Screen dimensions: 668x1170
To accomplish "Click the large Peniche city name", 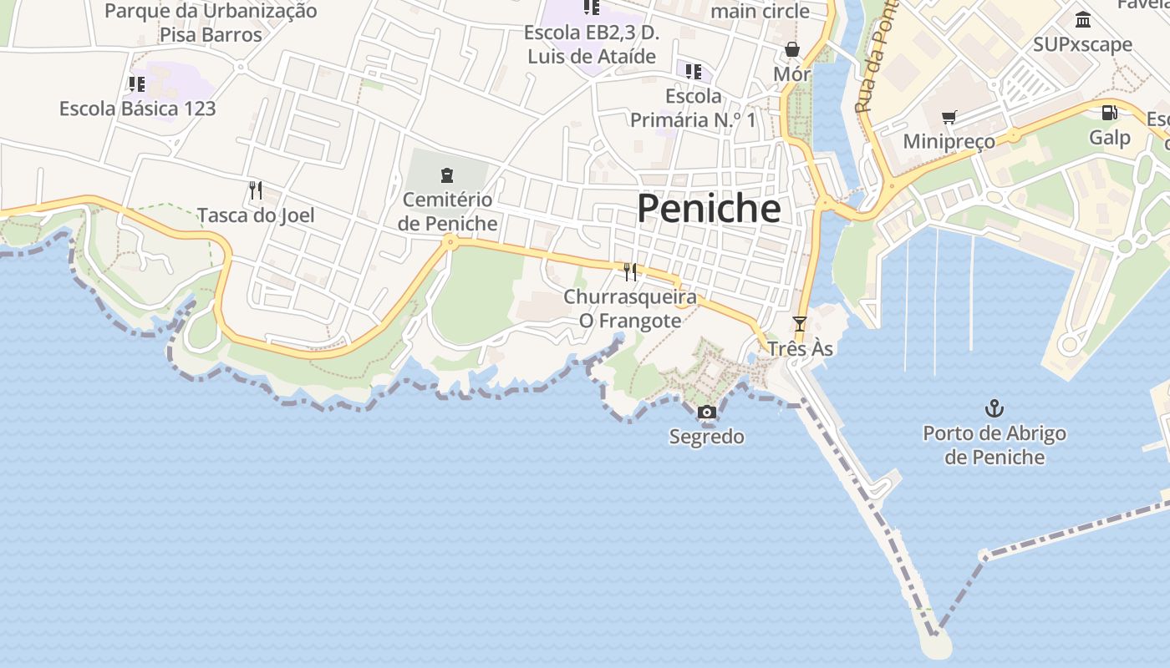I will point(709,208).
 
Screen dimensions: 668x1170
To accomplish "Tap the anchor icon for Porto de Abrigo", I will point(994,409).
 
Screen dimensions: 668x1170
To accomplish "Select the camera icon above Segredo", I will point(707,412).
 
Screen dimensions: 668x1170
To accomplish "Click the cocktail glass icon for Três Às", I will point(800,323).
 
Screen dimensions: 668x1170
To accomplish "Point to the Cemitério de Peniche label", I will point(447,212).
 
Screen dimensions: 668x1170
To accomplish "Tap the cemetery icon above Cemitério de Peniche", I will point(447,175).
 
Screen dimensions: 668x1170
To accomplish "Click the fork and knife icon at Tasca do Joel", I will point(256,190).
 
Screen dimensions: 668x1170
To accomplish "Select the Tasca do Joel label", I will point(256,215).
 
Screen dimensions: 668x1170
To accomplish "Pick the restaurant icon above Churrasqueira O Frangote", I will point(630,271).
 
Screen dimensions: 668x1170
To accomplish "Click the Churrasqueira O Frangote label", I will point(630,308).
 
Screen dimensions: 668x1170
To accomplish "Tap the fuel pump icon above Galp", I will point(1110,113).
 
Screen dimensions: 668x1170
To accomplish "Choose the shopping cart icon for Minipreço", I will point(949,117).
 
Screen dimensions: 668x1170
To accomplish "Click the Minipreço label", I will point(949,141).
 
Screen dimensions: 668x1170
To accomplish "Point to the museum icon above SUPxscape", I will point(1083,19).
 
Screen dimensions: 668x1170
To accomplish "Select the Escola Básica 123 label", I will point(137,109).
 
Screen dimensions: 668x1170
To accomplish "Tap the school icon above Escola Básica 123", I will point(137,83).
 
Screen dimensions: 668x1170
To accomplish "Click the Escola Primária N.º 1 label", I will point(693,109).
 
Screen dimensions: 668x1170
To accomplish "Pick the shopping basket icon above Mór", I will point(791,50).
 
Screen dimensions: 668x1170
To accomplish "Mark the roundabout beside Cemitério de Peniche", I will point(450,243).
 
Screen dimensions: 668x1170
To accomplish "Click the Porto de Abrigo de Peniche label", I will point(994,445).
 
